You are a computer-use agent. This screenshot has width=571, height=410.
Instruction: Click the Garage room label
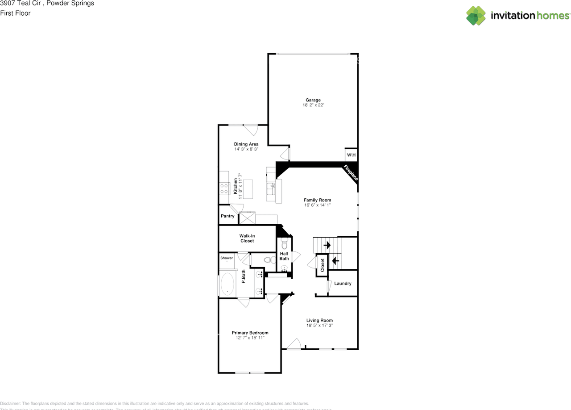[313, 100]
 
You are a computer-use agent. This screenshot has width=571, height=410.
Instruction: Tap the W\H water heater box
[351, 155]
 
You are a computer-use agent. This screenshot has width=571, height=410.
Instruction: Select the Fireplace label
[351, 173]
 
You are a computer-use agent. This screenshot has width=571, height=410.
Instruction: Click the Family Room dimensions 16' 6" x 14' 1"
[317, 205]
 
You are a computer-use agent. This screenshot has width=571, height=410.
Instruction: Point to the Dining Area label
[246, 144]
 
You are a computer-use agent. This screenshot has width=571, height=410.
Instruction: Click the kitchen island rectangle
[247, 188]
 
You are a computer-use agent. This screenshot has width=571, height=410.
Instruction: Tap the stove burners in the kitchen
[224, 188]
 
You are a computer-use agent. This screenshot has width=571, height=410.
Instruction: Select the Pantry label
[228, 216]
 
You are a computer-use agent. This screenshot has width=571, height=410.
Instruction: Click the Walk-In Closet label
[247, 238]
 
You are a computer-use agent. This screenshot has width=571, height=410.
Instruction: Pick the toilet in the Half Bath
[285, 245]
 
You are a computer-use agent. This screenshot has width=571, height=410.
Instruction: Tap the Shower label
[226, 258]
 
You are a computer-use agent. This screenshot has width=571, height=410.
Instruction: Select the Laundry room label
[343, 283]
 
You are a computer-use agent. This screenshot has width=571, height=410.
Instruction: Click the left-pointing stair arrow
[335, 261]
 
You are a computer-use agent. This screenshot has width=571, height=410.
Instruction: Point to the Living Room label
[319, 320]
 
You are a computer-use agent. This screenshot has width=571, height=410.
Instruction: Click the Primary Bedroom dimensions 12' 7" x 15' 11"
[250, 338]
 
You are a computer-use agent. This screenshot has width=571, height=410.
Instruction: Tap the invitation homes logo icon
[476, 16]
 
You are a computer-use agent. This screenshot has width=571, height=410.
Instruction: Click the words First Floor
[15, 13]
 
